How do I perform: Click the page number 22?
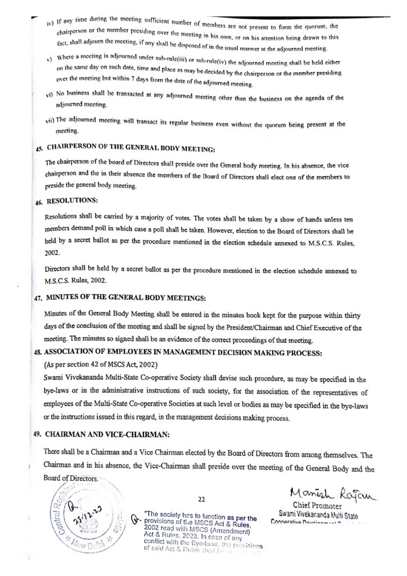click(x=203, y=498)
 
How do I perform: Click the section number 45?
click(x=38, y=150)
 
